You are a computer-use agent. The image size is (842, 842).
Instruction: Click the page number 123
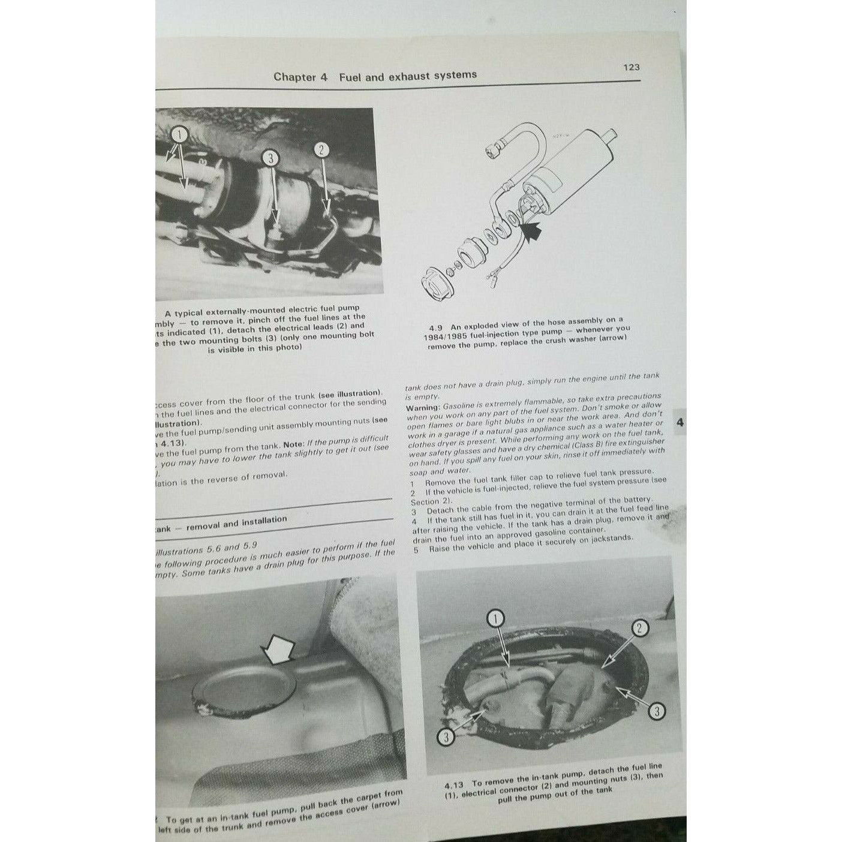[x=631, y=67]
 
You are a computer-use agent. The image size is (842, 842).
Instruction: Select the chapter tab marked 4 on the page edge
[x=679, y=422]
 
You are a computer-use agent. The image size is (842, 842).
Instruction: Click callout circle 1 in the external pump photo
[x=180, y=133]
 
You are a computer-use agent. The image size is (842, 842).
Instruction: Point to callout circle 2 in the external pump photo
[x=321, y=150]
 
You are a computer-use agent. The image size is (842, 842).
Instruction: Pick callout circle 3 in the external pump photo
[x=271, y=158]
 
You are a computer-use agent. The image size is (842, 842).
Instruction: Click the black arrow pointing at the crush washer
[x=531, y=231]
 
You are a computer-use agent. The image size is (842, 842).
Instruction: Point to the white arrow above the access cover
[x=278, y=650]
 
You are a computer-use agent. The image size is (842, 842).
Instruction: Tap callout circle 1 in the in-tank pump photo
[x=497, y=618]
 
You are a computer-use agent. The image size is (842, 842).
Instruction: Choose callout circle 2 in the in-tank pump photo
[x=640, y=628]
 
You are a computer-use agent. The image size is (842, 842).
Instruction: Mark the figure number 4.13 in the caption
[x=456, y=785]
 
